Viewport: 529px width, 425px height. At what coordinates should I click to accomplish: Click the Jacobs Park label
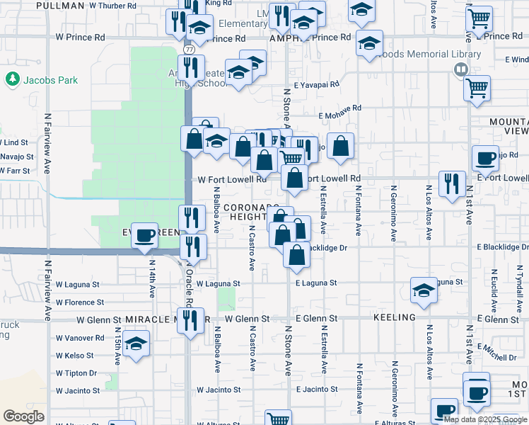pyautogui.click(x=49, y=80)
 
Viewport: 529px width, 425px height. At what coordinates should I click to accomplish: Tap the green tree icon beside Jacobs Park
pyautogui.click(x=12, y=79)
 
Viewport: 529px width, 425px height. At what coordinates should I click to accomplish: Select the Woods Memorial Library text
pyautogui.click(x=429, y=54)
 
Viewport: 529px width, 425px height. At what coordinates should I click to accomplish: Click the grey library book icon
pyautogui.click(x=460, y=69)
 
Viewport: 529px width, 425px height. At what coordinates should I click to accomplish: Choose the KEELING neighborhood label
pyautogui.click(x=393, y=319)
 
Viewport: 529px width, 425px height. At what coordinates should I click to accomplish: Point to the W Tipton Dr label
pyautogui.click(x=76, y=373)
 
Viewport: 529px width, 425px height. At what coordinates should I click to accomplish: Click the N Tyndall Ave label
pyautogui.click(x=518, y=291)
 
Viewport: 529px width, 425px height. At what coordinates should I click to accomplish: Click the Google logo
pyautogui.click(x=23, y=416)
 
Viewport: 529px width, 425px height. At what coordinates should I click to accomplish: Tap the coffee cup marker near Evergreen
pyautogui.click(x=145, y=235)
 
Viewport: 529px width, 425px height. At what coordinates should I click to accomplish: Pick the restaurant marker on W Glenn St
pyautogui.click(x=191, y=321)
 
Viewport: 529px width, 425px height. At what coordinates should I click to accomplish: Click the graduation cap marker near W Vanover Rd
pyautogui.click(x=135, y=345)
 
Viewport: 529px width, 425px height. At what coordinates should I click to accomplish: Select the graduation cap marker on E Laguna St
pyautogui.click(x=424, y=290)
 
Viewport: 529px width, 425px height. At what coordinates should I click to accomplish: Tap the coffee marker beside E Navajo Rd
pyautogui.click(x=486, y=158)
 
